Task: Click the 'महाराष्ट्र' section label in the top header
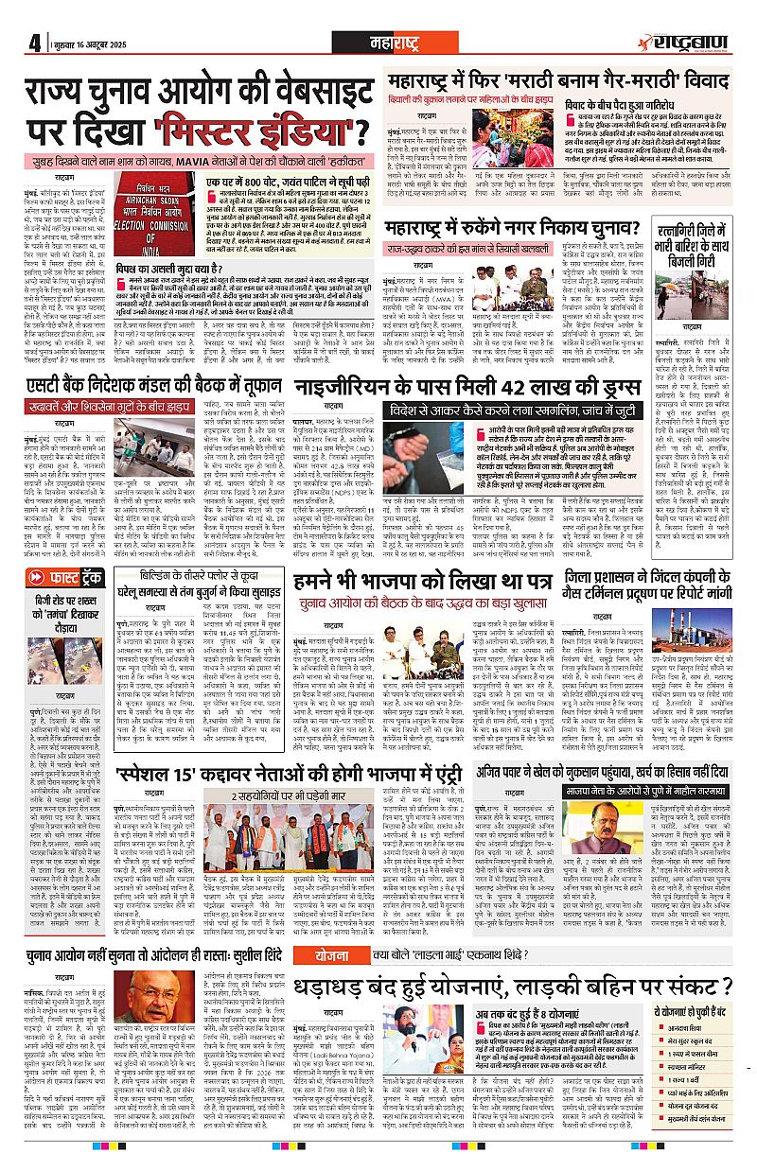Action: (x=382, y=42)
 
